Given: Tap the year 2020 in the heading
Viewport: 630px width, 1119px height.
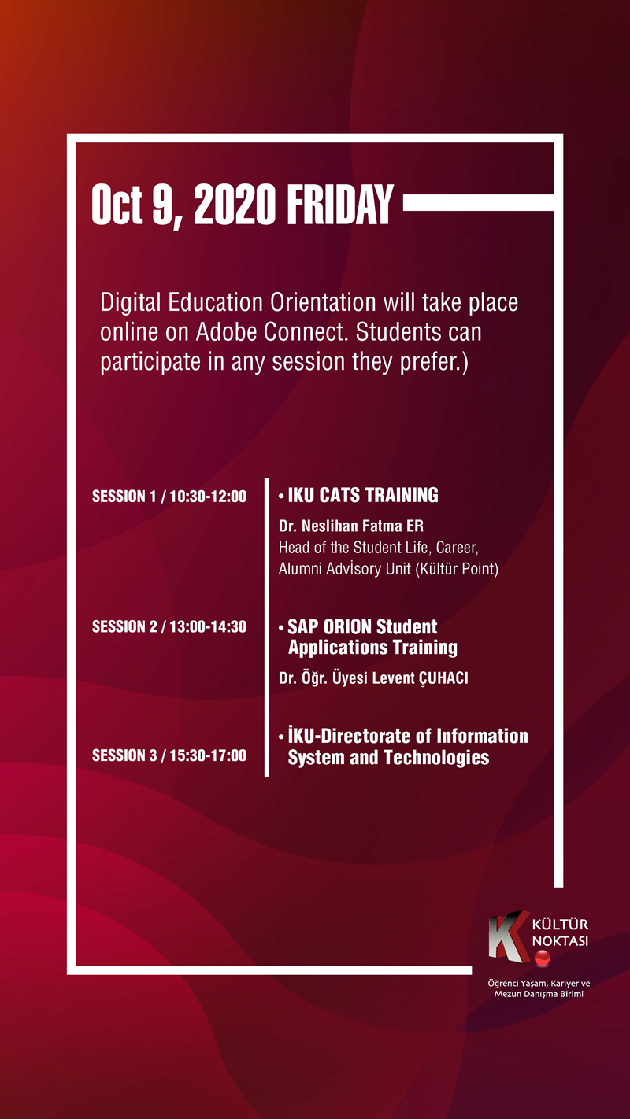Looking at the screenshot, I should tap(235, 206).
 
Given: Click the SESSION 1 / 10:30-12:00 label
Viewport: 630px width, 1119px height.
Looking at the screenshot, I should tap(169, 497).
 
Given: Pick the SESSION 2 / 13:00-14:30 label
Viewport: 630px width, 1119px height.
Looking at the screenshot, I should tap(169, 627).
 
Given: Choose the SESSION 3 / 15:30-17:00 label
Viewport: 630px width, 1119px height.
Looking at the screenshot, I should tap(169, 755).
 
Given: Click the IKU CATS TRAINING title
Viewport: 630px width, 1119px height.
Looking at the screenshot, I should tap(363, 495).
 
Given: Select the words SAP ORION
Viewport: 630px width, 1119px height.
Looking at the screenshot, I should tap(330, 627).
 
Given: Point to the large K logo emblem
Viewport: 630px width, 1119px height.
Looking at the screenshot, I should tap(506, 934).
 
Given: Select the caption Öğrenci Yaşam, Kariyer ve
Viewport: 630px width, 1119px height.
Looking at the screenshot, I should tap(539, 984).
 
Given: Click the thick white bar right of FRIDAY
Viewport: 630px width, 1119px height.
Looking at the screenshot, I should tap(479, 205).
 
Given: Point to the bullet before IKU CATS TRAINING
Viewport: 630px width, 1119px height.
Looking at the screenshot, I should tap(281, 496).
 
